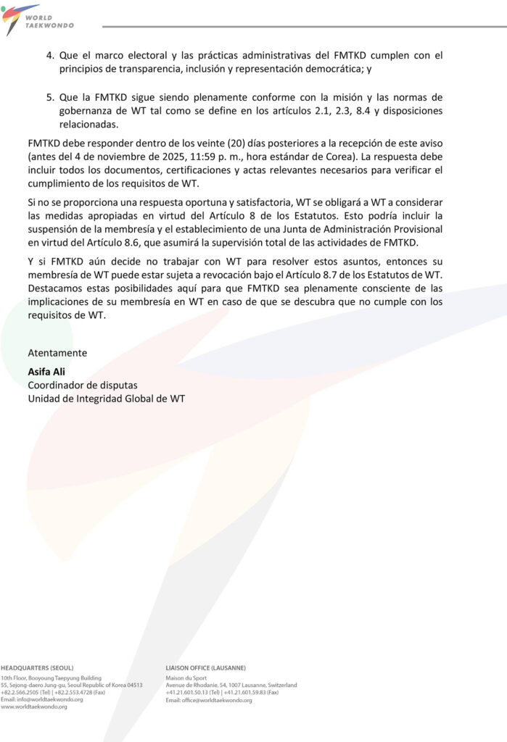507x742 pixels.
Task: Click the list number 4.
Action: tap(50, 55)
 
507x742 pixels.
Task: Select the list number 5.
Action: tap(50, 97)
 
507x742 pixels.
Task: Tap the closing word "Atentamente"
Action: tap(57, 353)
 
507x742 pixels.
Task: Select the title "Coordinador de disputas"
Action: tap(83, 385)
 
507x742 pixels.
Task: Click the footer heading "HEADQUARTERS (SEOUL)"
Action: tap(37, 667)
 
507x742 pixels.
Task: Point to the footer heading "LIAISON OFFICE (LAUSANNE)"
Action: tap(205, 667)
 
